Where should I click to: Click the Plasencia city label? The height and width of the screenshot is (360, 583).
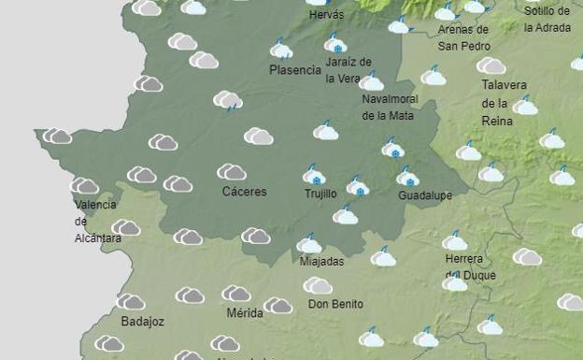[295, 70]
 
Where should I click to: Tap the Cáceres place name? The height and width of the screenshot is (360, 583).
[244, 192]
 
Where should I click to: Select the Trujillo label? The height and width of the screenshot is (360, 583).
[320, 194]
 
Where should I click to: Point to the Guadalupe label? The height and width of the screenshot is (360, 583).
[425, 195]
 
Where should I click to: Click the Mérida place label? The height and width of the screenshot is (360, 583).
[244, 313]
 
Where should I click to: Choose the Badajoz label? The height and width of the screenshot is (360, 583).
[142, 322]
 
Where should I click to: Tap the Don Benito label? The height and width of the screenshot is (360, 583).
[334, 304]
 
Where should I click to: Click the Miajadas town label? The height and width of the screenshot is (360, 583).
[321, 262]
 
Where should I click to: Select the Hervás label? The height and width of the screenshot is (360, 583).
[325, 15]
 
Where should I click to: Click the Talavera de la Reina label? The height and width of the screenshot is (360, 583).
[505, 103]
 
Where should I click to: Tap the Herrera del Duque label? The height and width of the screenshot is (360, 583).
[470, 266]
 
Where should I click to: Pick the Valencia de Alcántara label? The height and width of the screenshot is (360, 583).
[96, 221]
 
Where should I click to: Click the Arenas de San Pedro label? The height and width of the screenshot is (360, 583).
[462, 37]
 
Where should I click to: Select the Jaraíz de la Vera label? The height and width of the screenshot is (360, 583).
[348, 70]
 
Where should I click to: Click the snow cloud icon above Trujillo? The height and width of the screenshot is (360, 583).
[315, 175]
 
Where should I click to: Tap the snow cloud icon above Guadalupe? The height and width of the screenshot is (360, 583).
[407, 177]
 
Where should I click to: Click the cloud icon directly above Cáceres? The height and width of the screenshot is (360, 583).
[231, 172]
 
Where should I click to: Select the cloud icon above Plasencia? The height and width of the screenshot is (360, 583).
[281, 50]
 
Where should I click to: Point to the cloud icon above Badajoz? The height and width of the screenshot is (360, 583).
[130, 302]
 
